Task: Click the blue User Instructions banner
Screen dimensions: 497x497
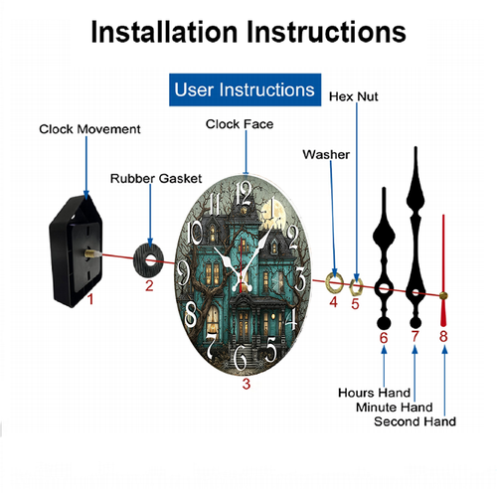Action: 246,89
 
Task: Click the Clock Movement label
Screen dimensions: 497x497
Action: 89,129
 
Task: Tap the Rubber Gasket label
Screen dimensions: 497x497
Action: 156,179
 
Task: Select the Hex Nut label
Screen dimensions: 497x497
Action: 353,96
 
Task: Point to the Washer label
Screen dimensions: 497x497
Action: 326,154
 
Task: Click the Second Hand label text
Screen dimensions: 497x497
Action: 414,421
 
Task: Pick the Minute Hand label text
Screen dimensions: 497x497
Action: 395,408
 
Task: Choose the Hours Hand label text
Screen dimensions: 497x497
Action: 375,393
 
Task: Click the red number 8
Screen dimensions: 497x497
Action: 443,336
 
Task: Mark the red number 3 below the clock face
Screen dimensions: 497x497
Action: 247,384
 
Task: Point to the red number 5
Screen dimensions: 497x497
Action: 355,304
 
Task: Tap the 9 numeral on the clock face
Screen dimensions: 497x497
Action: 183,272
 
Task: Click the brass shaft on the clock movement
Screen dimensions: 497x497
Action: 92,253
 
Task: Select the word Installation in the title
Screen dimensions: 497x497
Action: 164,32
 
